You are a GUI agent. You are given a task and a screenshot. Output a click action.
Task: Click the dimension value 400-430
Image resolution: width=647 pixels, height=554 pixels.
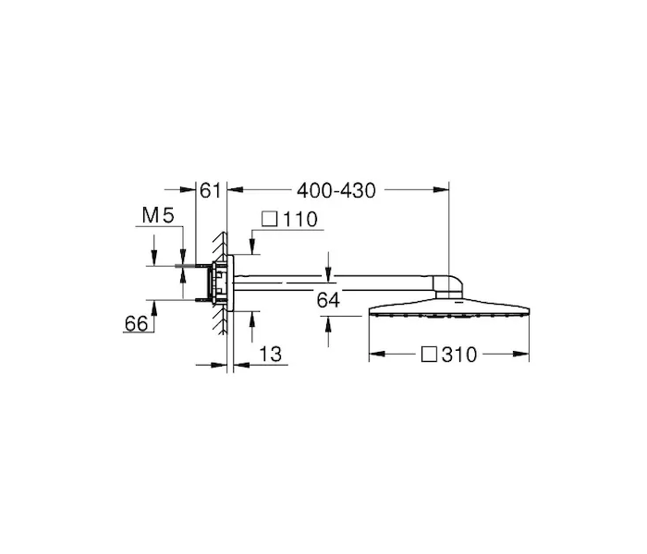pos(336,191)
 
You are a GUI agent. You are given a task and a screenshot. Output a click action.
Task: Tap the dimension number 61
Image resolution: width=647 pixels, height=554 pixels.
pos(211,191)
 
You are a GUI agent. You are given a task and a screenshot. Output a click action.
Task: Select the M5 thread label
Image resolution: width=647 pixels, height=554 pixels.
pos(158,215)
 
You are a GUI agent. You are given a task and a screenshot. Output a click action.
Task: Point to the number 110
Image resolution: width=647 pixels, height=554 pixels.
pos(300,220)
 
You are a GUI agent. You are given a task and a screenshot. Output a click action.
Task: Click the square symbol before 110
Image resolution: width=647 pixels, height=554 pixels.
pos(270,219)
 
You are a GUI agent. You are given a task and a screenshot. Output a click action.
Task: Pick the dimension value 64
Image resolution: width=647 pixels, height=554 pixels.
pos(328,300)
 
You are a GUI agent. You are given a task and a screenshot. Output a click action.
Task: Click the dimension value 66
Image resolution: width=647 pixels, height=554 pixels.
pos(136,323)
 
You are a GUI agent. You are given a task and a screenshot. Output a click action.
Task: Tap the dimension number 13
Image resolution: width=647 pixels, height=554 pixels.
pos(270,354)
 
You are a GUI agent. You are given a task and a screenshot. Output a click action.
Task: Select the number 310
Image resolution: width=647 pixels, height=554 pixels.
pos(459,355)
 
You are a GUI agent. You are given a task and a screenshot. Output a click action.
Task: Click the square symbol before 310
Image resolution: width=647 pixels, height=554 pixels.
pos(429,354)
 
